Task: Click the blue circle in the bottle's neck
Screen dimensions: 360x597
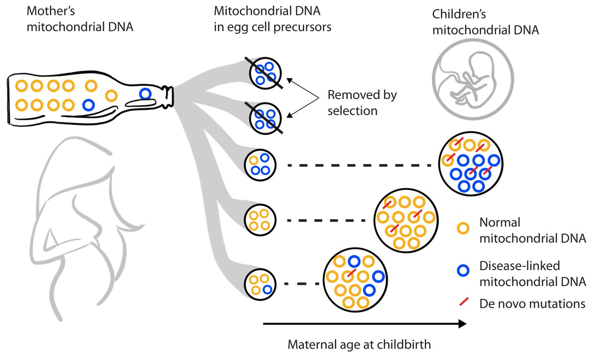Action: (x=145, y=93)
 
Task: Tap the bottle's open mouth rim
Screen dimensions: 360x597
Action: (x=172, y=98)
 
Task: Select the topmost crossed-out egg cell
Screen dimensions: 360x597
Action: (x=265, y=73)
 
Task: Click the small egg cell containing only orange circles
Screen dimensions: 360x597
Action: (x=259, y=219)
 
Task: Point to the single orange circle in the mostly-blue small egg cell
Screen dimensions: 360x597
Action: (x=253, y=161)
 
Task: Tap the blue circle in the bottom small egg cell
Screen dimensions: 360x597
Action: (x=268, y=289)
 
